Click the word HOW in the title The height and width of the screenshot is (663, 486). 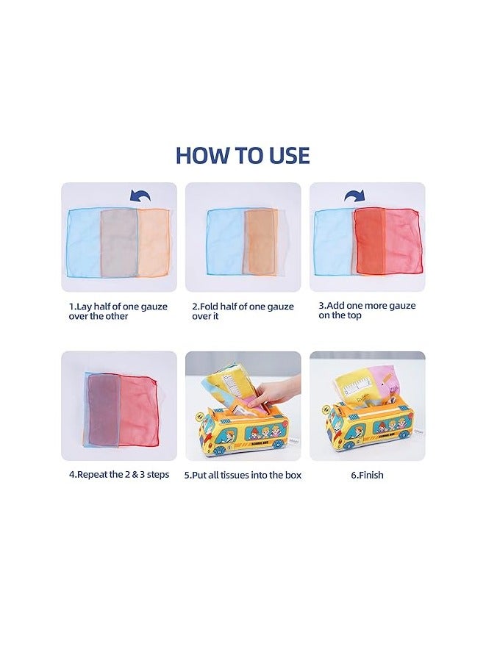point(199,156)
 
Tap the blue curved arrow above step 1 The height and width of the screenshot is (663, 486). point(140,197)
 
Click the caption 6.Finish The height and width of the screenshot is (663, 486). point(366,476)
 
